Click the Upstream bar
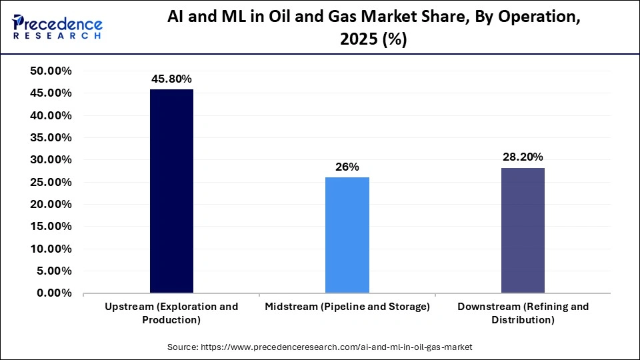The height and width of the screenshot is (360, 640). tap(171, 191)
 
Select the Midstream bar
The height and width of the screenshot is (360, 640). tap(347, 235)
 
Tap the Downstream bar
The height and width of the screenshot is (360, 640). tap(523, 230)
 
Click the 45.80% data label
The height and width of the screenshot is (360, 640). tap(171, 78)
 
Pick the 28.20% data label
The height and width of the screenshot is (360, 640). tap(523, 157)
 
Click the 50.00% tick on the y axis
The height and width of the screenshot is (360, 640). tap(51, 71)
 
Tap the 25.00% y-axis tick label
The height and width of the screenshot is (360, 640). tap(51, 182)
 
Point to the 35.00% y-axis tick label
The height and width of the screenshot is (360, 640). tap(51, 138)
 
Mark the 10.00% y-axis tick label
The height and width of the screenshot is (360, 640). tap(51, 249)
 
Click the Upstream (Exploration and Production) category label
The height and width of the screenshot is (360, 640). tap(171, 313)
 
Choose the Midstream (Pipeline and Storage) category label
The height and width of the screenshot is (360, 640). tap(347, 307)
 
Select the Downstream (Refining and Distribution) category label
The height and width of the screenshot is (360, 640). tap(523, 313)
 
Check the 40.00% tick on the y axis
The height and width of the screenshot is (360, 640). tap(51, 115)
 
